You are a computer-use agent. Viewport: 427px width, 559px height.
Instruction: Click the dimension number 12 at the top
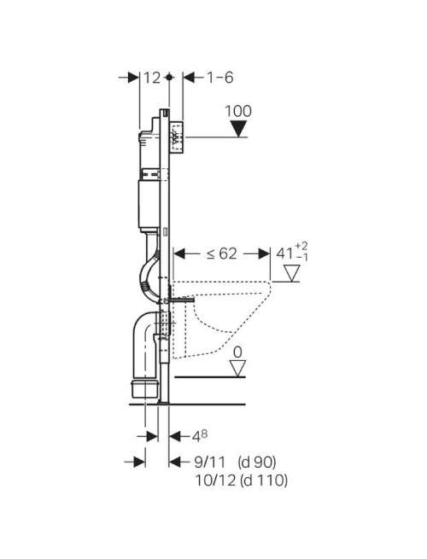pyautogui.click(x=152, y=78)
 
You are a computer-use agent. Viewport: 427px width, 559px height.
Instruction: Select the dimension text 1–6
pyautogui.click(x=220, y=78)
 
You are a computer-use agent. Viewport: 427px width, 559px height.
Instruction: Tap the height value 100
pyautogui.click(x=238, y=111)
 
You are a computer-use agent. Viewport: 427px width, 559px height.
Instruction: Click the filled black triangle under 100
pyautogui.click(x=238, y=128)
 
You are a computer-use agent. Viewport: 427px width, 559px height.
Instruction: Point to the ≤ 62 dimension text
pyautogui.click(x=221, y=253)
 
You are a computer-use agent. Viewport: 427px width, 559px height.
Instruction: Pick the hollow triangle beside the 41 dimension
pyautogui.click(x=292, y=273)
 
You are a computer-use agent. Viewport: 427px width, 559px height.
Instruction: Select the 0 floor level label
pyautogui.click(x=237, y=352)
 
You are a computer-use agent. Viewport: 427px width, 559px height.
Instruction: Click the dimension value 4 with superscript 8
pyautogui.click(x=200, y=435)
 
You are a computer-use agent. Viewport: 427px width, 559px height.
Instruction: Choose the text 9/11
pyautogui.click(x=210, y=463)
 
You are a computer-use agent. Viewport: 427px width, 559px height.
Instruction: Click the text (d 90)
pyautogui.click(x=257, y=463)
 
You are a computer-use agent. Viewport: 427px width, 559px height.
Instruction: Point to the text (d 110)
pyautogui.click(x=264, y=480)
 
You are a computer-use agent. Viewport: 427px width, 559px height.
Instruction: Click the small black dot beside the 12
pyautogui.click(x=169, y=77)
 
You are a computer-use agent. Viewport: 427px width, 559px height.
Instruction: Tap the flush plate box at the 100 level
pyautogui.click(x=177, y=137)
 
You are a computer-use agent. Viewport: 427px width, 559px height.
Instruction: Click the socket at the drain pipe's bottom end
pyautogui.click(x=144, y=389)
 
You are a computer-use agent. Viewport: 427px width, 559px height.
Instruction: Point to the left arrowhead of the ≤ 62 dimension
pyautogui.click(x=179, y=253)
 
